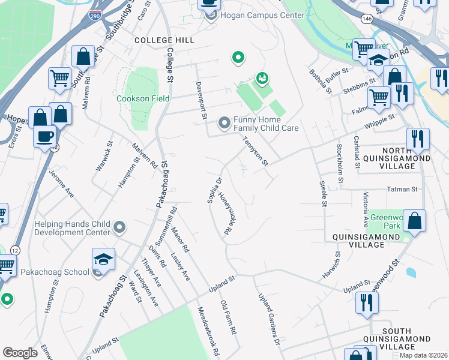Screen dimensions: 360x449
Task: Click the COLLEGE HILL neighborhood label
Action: pyautogui.click(x=164, y=40)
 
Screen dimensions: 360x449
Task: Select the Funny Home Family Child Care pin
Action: pyautogui.click(x=224, y=124)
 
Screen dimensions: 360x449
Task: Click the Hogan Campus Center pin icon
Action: pyautogui.click(x=210, y=15)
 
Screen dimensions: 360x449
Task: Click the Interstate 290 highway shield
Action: pyautogui.click(x=95, y=16)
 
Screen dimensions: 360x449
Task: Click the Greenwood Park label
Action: pyautogui.click(x=384, y=221)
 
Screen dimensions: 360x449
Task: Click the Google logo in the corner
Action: pyautogui.click(x=20, y=353)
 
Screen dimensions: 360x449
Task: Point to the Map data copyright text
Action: pyautogui.click(x=423, y=355)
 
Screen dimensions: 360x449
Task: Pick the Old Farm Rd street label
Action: pyautogui.click(x=229, y=317)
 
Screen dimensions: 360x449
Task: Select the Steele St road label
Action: pyautogui.click(x=323, y=194)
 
